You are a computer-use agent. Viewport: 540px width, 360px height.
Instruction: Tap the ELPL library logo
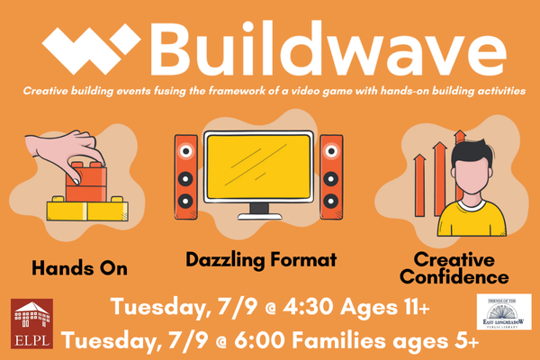(x=31, y=324)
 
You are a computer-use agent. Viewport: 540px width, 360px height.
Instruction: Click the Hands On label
(x=79, y=268)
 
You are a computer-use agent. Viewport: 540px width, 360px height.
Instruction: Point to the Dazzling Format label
(x=261, y=260)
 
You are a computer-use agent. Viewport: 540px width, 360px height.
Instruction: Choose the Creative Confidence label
(x=454, y=268)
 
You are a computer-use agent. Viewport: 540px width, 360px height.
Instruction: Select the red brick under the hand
(x=85, y=184)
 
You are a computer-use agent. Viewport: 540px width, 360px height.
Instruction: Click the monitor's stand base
(x=258, y=219)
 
